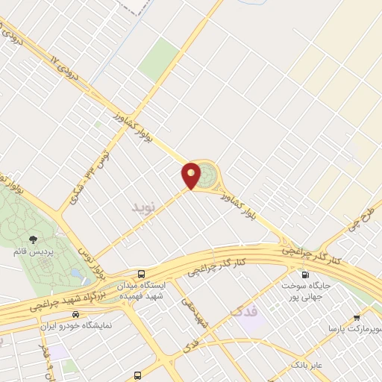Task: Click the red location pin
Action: pyautogui.click(x=192, y=175)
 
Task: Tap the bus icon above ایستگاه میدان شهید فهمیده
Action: pyautogui.click(x=141, y=273)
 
